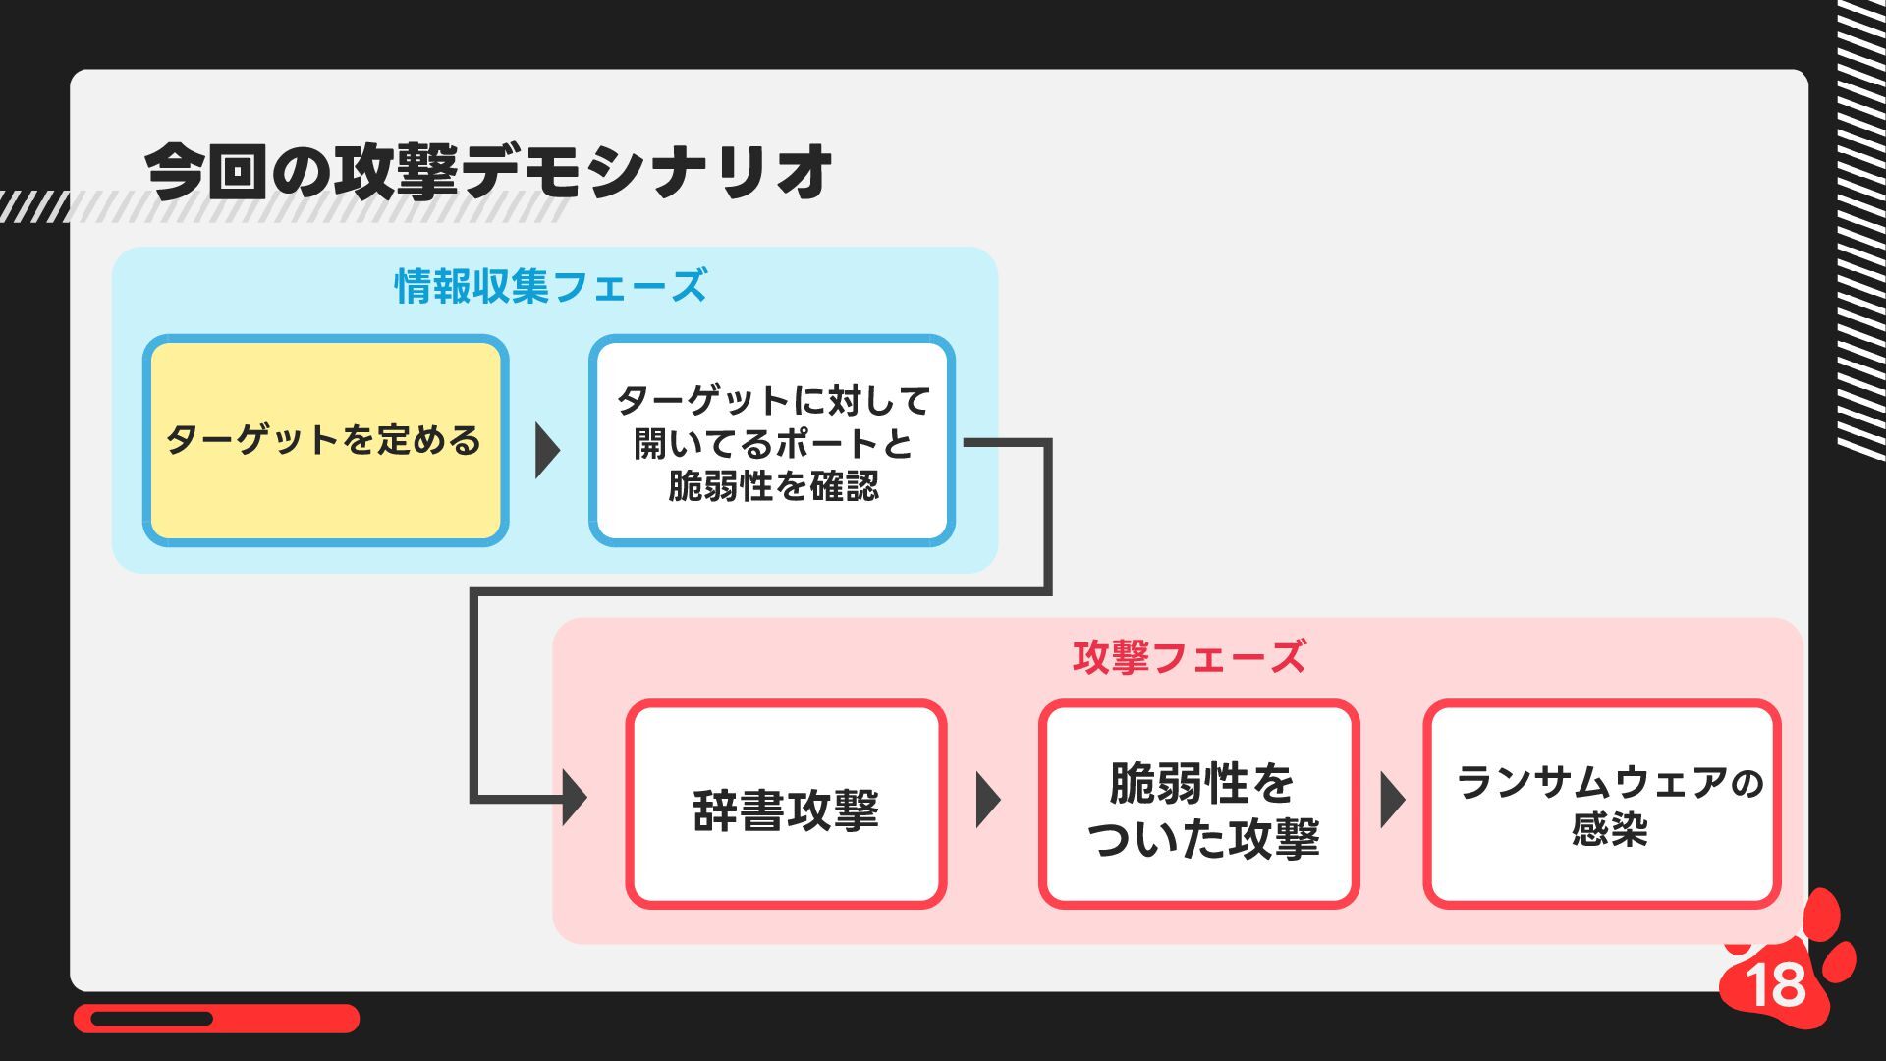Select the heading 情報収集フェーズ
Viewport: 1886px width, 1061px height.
point(550,286)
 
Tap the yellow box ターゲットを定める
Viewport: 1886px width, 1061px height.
point(325,440)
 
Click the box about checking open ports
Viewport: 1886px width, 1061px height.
point(772,441)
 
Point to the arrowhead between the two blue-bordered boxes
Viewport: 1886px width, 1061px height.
point(547,451)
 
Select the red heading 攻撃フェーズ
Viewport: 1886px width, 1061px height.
point(1189,657)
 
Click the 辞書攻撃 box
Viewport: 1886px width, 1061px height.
point(786,805)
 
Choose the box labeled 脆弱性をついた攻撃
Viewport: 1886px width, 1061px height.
point(1199,805)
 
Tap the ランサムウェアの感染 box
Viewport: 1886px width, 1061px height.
point(1601,805)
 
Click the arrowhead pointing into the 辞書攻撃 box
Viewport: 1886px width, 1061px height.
point(574,798)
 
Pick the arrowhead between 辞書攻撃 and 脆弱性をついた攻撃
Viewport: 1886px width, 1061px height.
point(987,800)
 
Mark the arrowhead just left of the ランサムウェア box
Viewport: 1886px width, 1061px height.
point(1391,800)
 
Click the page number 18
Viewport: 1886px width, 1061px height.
point(1776,983)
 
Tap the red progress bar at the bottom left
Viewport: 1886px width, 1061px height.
point(216,1018)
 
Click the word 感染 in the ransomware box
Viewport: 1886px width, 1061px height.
point(1609,829)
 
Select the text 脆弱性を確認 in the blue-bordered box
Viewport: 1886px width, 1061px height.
point(773,486)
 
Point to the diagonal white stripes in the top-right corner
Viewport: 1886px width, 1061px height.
point(1860,226)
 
